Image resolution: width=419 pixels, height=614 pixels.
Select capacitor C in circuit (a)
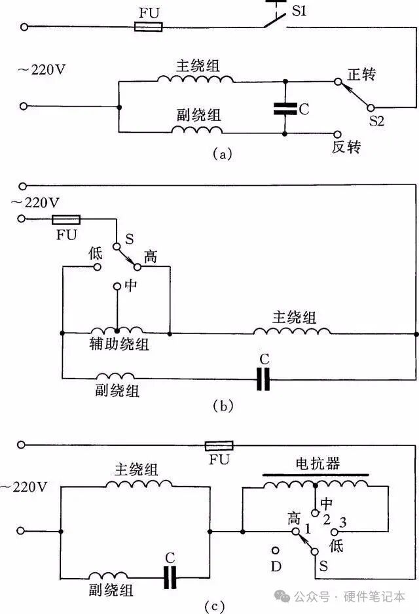pyautogui.click(x=285, y=109)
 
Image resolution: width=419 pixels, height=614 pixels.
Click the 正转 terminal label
pyautogui.click(x=361, y=75)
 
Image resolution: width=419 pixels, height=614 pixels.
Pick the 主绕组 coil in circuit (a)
pyautogui.click(x=195, y=79)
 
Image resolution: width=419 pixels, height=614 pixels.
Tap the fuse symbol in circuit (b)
pyautogui.click(x=65, y=219)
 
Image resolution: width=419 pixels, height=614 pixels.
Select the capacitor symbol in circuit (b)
pyautogui.click(x=263, y=378)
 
